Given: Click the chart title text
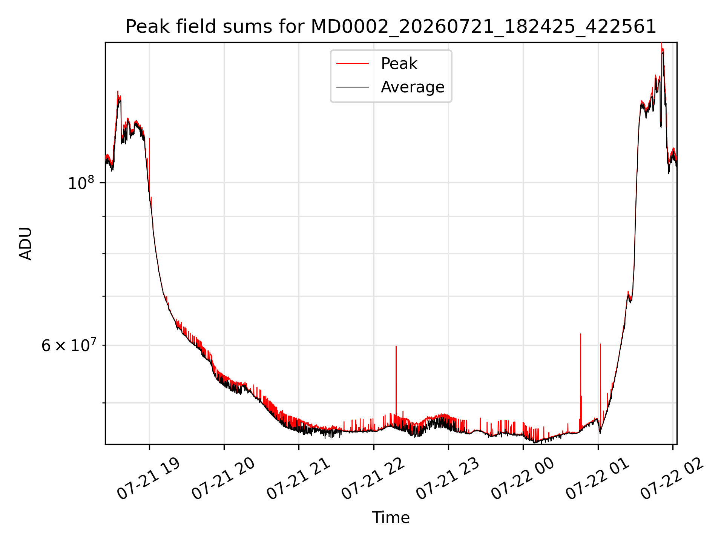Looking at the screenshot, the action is pos(391,27).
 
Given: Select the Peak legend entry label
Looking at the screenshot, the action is pos(399,64).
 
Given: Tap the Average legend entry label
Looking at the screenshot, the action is pos(413,87).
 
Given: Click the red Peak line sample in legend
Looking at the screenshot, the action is pos(353,64).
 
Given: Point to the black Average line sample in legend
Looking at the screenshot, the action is pos(353,87).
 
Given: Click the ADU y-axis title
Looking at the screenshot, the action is pos(26,244).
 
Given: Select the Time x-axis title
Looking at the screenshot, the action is pos(391,518).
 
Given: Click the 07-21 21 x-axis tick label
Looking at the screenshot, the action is pos(298,479).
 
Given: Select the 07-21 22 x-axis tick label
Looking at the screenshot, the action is pos(373,479).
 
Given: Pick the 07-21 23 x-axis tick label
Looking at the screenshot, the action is pos(448,479).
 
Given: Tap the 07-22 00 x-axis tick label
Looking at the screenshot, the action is pos(522,479).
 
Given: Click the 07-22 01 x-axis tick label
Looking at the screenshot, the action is pos(597,479).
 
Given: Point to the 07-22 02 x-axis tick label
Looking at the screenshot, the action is pos(672,479).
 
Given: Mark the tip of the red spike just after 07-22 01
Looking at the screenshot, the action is pos(600,344).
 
